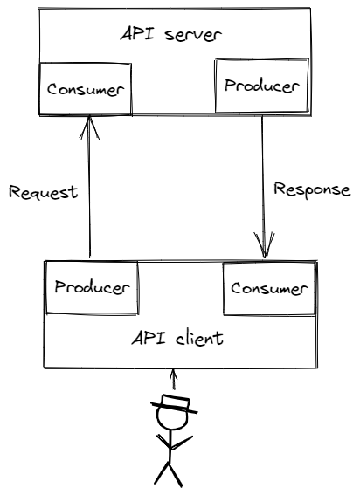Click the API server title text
pyautogui.click(x=172, y=36)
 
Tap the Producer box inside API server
pyautogui.click(x=260, y=86)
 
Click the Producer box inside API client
pyautogui.click(x=91, y=287)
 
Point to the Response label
pyautogui.click(x=312, y=189)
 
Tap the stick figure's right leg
pyautogui.click(x=178, y=472)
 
